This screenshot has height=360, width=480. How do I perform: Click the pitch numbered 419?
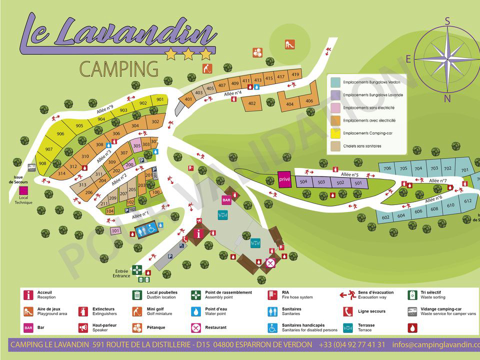(x=295, y=75)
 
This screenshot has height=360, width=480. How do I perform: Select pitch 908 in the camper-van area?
(x=42, y=163)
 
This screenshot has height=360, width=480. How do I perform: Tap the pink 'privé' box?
(x=284, y=179)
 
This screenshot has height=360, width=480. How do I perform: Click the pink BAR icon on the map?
(x=226, y=200)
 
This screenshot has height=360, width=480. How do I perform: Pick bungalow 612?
(x=467, y=201)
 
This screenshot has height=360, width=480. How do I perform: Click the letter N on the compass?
(x=447, y=99)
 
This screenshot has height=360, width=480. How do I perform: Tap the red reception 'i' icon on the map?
(x=199, y=233)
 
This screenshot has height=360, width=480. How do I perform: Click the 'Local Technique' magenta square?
(x=23, y=190)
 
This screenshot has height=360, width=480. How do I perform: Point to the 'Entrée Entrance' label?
(x=121, y=273)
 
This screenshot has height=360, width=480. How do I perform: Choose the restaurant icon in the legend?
(x=196, y=328)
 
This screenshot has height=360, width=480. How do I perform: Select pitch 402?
(x=252, y=104)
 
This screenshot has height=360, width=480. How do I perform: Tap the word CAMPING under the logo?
(x=119, y=69)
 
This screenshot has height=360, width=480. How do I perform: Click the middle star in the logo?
(x=188, y=54)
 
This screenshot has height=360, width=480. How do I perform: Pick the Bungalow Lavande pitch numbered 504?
(x=303, y=182)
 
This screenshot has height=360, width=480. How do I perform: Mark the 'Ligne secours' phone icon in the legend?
(x=348, y=311)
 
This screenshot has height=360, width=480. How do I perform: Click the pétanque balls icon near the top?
(x=257, y=52)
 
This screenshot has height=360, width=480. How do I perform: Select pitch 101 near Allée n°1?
(x=115, y=230)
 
